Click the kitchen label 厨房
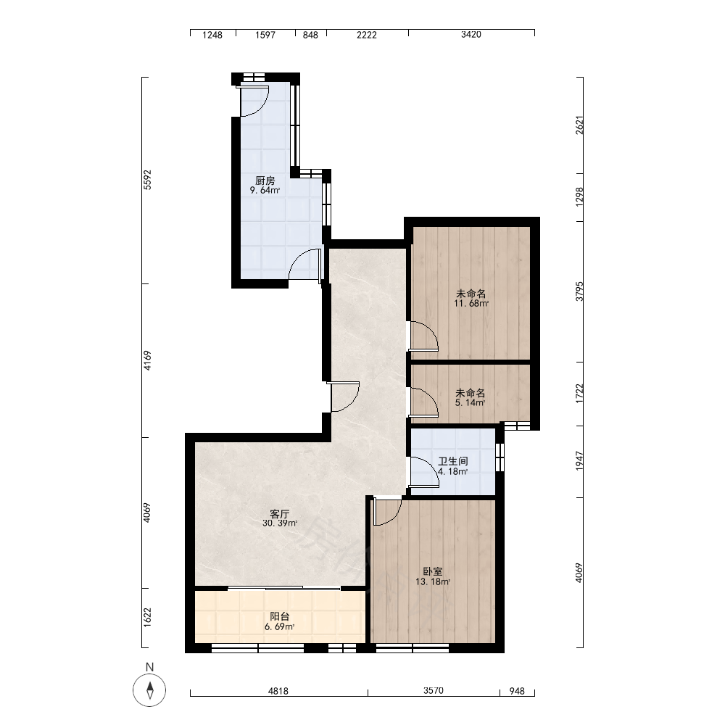265,181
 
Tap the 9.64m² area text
265,191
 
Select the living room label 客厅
279,514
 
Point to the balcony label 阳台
279,617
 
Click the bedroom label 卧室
432,571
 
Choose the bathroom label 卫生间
453,461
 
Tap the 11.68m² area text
471,304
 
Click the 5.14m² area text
471,402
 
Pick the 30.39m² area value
280,523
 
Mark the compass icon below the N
149,691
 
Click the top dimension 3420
471,35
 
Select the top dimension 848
310,35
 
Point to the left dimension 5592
147,180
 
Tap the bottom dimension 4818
278,691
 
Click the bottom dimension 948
517,691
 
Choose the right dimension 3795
580,291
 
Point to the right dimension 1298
580,196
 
